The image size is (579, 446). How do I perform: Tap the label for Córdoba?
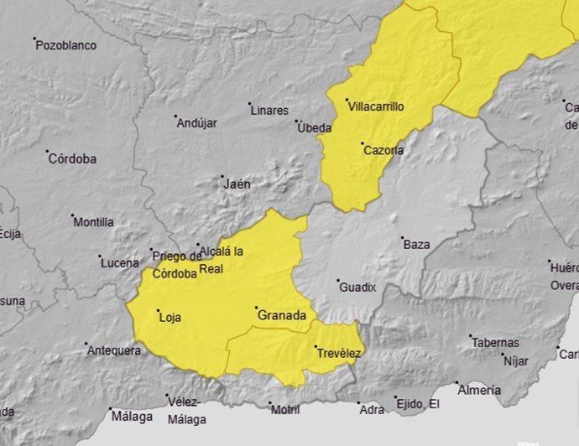tap(72, 158)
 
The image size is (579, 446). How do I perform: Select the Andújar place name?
tap(197, 123)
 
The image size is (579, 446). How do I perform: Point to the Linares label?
tap(269, 111)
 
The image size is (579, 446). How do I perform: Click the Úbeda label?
tap(316, 128)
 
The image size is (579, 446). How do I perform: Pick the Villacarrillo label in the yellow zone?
tap(377, 106)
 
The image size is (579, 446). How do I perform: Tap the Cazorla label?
tap(383, 151)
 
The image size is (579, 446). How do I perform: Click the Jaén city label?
tap(237, 184)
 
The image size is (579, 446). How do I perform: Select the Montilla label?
tap(94, 222)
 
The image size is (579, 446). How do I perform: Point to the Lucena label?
tap(120, 263)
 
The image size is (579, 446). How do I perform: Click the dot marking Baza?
tap(402, 237)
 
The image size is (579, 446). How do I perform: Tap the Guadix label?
tap(357, 288)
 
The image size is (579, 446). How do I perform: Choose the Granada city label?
tap(283, 315)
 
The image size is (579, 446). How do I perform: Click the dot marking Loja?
tap(159, 311)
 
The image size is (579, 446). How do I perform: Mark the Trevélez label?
tap(339, 354)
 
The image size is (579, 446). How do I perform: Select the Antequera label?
tap(114, 350)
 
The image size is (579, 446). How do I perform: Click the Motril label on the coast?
tap(284, 409)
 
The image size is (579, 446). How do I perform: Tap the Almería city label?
tap(480, 390)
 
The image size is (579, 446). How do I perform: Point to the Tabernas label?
tap(495, 343)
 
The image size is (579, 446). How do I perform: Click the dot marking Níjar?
tap(502, 354)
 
